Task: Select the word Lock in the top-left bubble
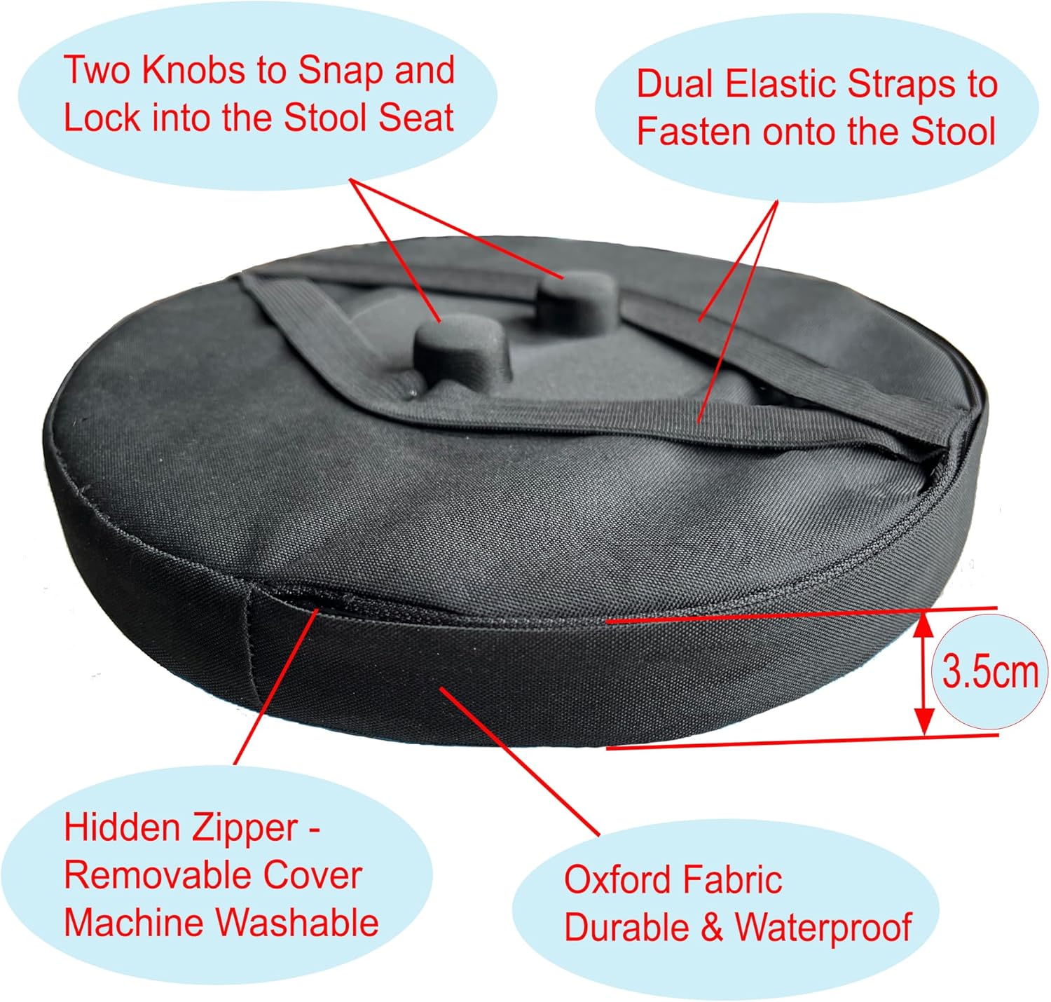(102, 118)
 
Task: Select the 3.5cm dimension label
(989, 672)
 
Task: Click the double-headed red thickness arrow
(923, 673)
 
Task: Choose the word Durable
(626, 927)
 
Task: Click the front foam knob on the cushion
(459, 350)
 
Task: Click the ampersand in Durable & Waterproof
(712, 928)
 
